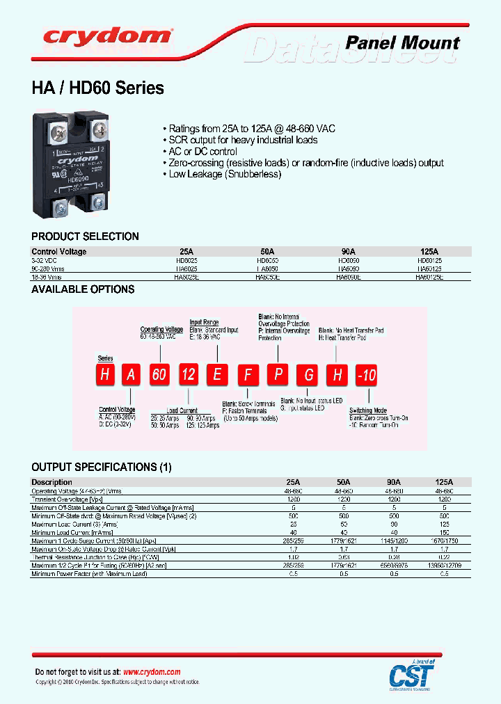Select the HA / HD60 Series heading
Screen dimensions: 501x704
point(97,88)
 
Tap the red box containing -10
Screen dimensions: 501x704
point(366,376)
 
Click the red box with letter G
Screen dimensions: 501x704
point(308,376)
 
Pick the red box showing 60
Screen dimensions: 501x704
point(159,375)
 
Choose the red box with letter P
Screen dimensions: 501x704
point(278,375)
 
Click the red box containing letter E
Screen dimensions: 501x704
point(218,375)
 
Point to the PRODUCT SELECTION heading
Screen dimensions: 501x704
point(85,236)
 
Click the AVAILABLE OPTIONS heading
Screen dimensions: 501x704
point(83,289)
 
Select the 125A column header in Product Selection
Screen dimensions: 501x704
point(429,251)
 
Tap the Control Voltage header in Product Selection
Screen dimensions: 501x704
point(59,251)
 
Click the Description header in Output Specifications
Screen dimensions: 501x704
point(51,482)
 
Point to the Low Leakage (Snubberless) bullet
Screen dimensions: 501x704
point(221,174)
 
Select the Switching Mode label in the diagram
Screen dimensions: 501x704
point(368,410)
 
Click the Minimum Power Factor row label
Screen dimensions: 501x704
point(89,574)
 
